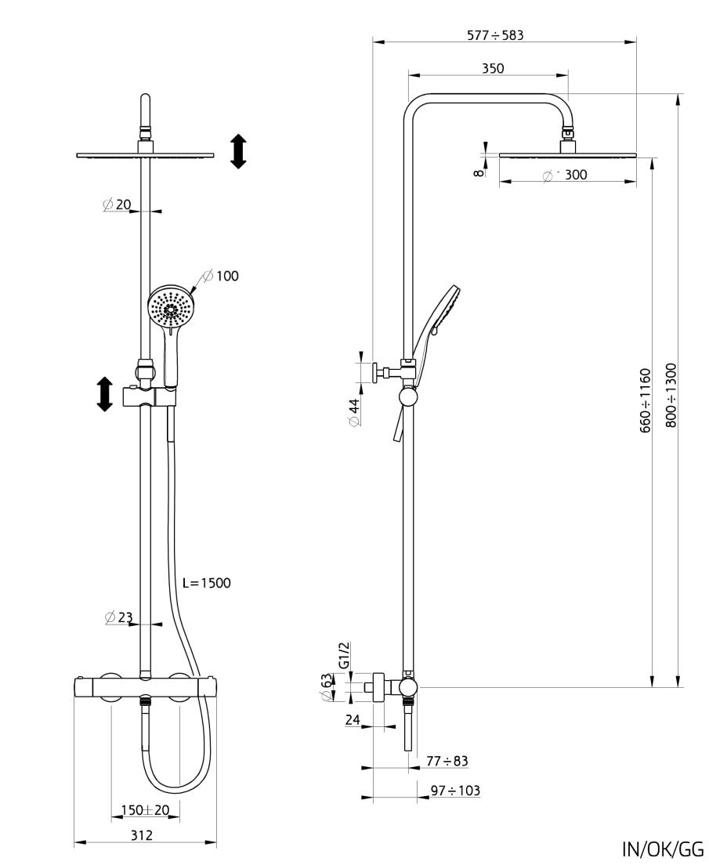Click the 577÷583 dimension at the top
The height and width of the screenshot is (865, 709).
coord(495,35)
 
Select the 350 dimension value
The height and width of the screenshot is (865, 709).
coord(493,68)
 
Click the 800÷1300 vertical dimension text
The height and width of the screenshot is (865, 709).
coord(671,395)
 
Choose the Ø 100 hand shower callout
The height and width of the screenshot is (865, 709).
coord(220,275)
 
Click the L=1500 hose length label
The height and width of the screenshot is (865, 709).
coord(206,583)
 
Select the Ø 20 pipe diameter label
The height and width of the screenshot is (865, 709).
coord(117,204)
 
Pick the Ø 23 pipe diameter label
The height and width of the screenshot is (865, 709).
coord(118,617)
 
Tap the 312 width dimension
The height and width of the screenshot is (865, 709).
coord(141,835)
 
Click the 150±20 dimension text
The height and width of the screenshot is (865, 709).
coord(145,810)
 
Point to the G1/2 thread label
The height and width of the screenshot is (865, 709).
coord(345,655)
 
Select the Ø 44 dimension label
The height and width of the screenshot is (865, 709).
coord(354,412)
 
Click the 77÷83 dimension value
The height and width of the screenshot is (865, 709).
coord(447,761)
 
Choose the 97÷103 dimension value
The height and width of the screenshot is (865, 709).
coord(455,791)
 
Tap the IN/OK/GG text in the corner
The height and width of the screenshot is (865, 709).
coord(662,849)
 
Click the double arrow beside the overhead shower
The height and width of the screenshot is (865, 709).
coord(238,151)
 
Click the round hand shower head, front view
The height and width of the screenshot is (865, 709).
coord(170,308)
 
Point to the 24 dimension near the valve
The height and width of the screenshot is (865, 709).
coord(353,720)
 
